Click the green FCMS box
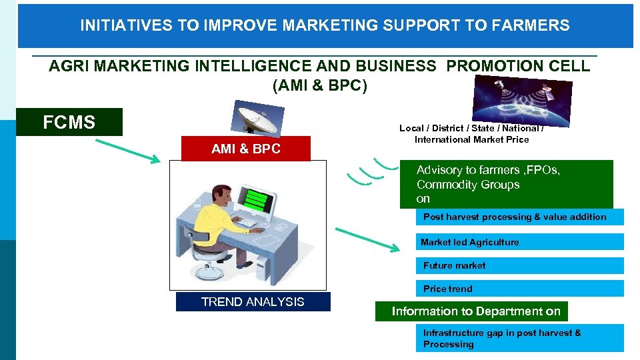pos(69,122)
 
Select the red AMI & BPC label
pos(246,149)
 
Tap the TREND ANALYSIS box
pos(253,302)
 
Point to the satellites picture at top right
pos(522,100)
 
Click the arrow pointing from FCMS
pos(127,150)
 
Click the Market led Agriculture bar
pos(521,242)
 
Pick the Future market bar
pos(521,265)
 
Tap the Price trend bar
pos(521,289)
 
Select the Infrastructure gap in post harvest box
pos(521,338)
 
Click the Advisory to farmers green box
pos(506,185)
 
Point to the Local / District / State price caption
pos(471,134)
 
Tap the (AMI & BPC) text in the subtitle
pos(320,86)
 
